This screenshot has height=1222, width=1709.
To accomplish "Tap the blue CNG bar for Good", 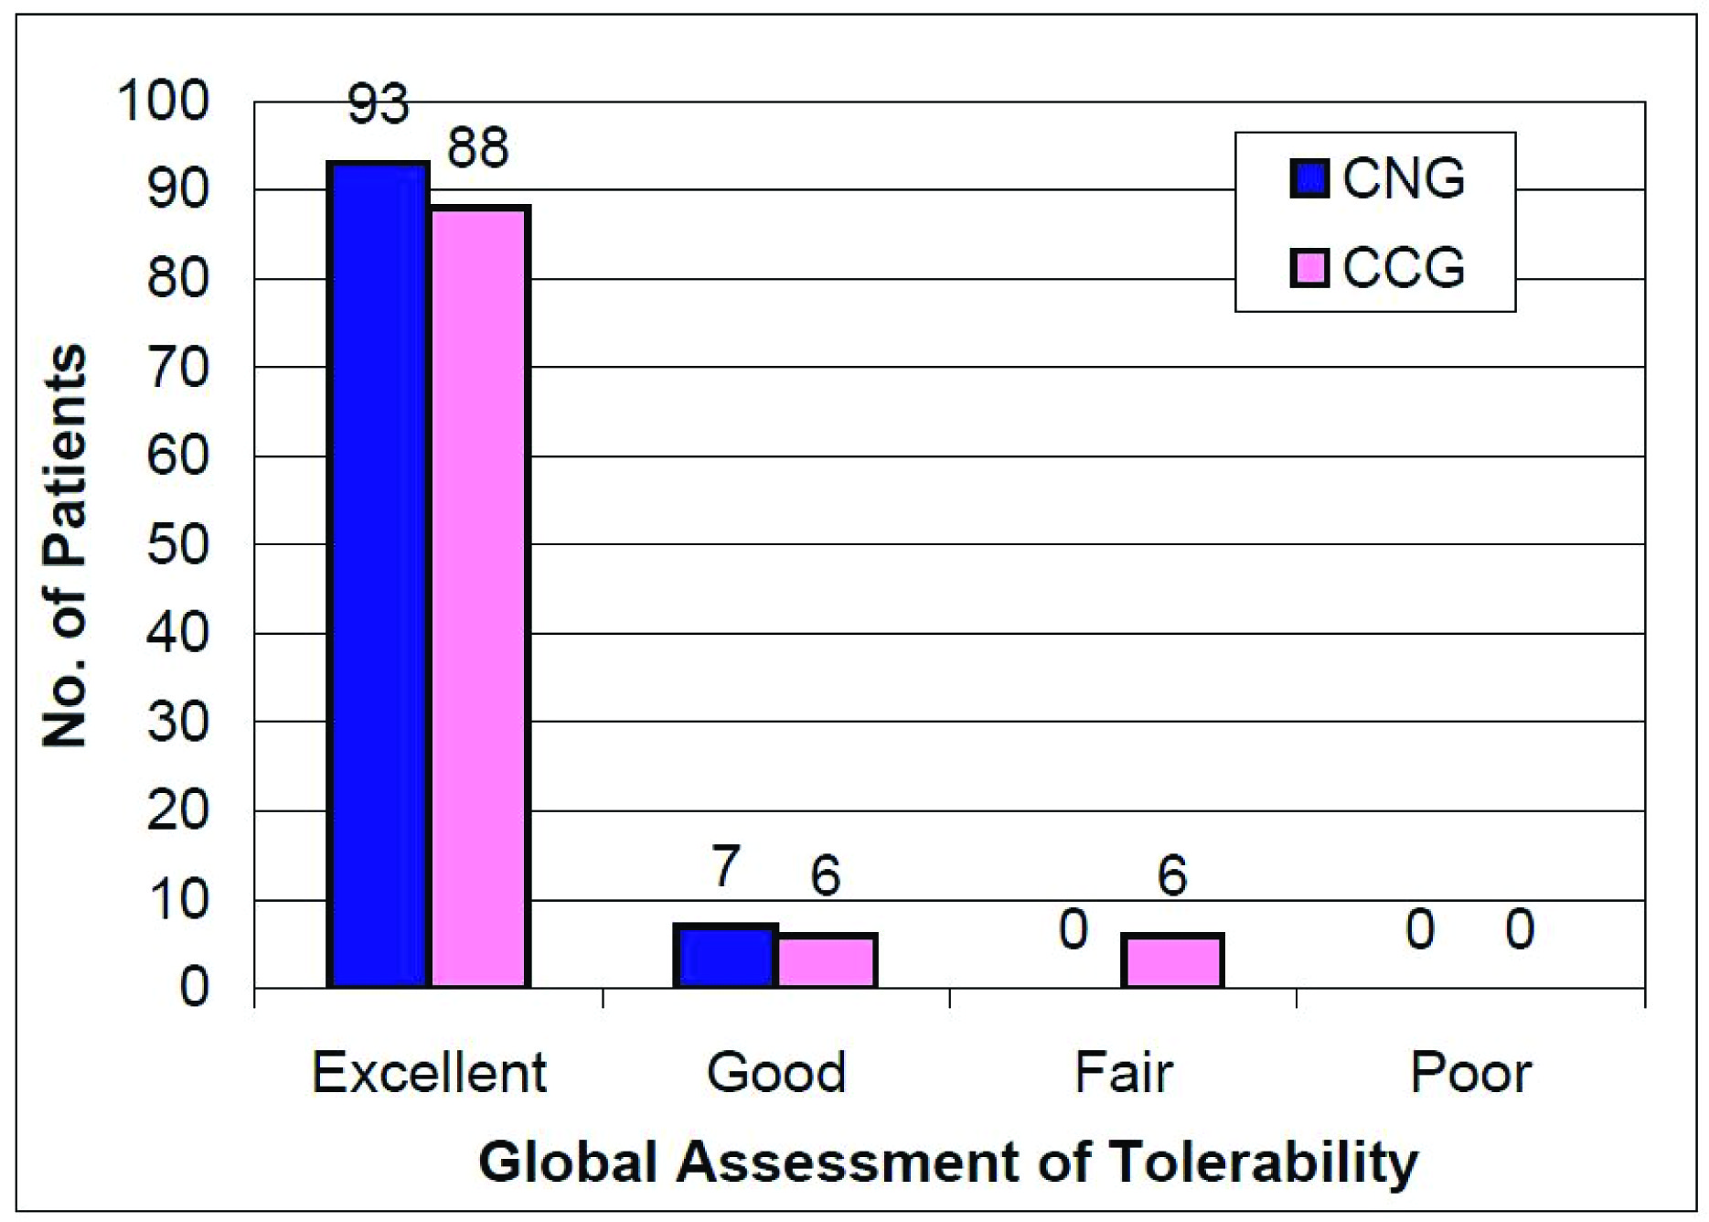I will point(725,956).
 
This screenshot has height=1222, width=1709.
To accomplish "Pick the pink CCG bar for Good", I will point(827,960).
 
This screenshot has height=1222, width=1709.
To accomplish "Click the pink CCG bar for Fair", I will point(1172,960).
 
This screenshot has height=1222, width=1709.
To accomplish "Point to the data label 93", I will point(378,104).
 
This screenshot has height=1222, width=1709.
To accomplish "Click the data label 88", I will point(477,148).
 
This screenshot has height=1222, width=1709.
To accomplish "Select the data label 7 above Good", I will point(725,865).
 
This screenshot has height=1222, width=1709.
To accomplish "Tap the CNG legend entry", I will point(1377,178).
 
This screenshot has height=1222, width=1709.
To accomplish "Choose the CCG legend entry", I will point(1377,267).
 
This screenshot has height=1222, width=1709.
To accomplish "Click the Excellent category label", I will point(429,1072).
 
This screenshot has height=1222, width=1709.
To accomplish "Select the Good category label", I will point(776,1072).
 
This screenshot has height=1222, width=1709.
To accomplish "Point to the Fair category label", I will point(1123,1072).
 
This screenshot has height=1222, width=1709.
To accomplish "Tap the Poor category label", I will point(1470,1072).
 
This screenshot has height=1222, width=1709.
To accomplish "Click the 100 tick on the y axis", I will point(164,101).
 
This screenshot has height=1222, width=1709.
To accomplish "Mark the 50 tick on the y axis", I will point(177,545).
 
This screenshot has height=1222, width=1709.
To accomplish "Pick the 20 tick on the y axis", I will point(177,811).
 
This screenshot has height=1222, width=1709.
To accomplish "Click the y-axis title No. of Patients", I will point(64,545).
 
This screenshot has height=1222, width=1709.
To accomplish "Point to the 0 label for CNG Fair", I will point(1073,929).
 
